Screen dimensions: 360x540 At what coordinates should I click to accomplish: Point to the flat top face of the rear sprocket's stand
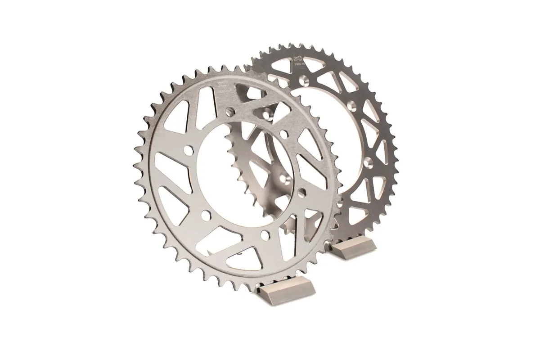click(x=351, y=243)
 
